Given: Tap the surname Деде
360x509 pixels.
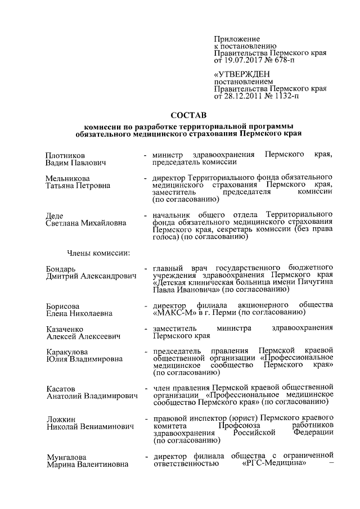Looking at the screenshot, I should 55,215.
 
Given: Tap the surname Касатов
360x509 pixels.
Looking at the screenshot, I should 61,388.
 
